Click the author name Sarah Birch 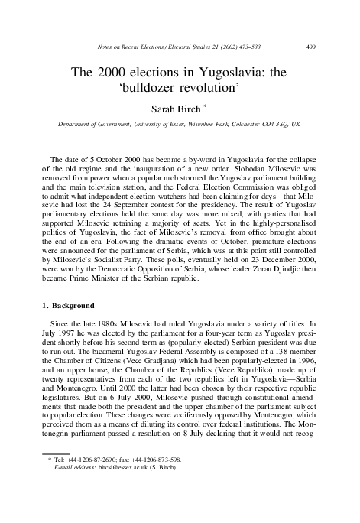tap(177, 109)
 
